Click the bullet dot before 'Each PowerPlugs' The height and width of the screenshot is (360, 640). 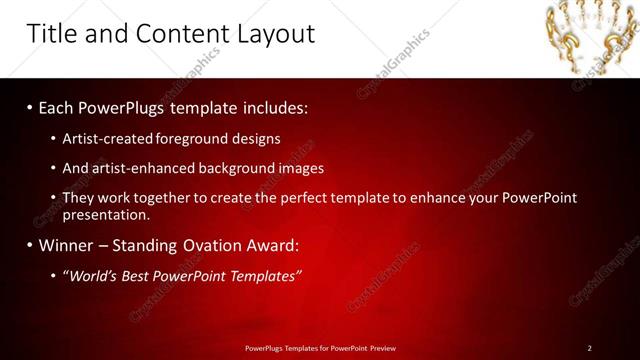(30, 106)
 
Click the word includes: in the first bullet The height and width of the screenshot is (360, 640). (275, 106)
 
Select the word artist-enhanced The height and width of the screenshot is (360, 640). (142, 169)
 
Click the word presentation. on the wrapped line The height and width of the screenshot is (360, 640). (106, 215)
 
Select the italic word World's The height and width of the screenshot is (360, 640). (91, 275)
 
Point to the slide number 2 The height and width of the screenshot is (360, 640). (589, 348)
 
